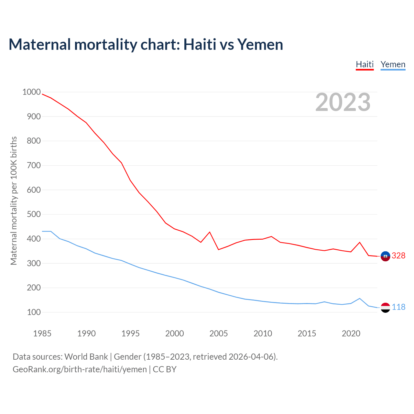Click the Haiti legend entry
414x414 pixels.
[x=365, y=64]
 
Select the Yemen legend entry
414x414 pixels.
[x=393, y=64]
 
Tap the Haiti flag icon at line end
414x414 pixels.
[x=385, y=256]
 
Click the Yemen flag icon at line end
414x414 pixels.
[x=385, y=307]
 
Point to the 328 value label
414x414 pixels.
[x=398, y=256]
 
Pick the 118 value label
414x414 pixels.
[x=398, y=307]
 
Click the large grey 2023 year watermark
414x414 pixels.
[x=343, y=102]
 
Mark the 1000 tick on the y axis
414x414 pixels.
[x=31, y=92]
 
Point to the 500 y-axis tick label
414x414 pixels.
[x=34, y=214]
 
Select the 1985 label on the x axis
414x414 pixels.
[x=42, y=333]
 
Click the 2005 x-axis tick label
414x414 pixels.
[x=219, y=333]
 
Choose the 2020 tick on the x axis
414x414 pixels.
[x=351, y=333]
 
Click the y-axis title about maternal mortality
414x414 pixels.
[x=14, y=201]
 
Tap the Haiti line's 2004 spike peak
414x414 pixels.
[x=210, y=232]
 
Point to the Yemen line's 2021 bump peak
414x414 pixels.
[x=360, y=299]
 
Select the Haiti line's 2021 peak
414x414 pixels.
[x=360, y=242]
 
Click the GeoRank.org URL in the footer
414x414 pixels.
[x=80, y=369]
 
